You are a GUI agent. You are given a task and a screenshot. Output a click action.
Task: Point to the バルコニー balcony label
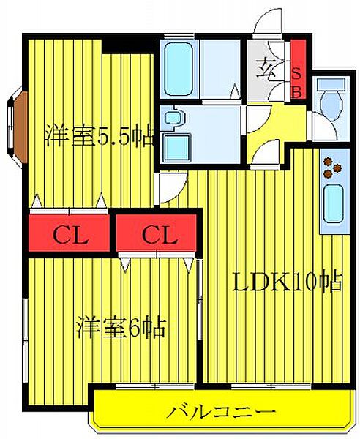tap(221, 411)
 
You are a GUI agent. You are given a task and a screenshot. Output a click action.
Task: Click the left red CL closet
tap(70, 235)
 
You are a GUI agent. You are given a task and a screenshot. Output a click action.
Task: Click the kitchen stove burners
tap(333, 167)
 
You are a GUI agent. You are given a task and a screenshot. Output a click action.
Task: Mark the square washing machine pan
tap(174, 145)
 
